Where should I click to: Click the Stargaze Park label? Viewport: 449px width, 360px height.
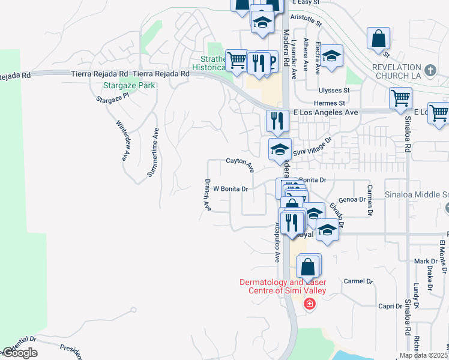click(129, 85)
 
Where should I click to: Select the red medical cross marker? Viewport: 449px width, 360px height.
click(309, 304)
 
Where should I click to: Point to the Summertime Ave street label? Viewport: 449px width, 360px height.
click(153, 152)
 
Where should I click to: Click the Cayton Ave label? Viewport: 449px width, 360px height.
click(240, 161)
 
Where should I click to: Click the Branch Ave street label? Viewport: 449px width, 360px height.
click(208, 195)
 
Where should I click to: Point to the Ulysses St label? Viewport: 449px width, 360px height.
click(334, 91)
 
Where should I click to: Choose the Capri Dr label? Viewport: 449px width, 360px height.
click(390, 306)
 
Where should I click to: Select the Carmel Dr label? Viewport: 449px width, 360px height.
click(358, 281)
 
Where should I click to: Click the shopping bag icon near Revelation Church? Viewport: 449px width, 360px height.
click(379, 39)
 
